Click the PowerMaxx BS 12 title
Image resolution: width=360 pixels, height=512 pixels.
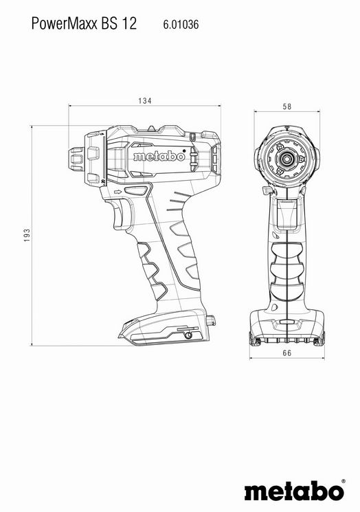pos(84,24)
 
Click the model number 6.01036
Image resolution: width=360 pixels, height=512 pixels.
pos(181,25)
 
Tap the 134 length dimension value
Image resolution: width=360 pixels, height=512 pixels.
pos(144,100)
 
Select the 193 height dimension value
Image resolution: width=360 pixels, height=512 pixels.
pos(27,235)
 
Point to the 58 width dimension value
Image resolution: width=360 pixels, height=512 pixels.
pos(287,107)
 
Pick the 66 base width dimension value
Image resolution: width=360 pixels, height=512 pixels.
pos(287,353)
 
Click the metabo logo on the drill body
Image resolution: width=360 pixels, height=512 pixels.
pos(159,156)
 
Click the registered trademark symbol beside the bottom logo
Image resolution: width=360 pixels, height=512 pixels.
pos(343,481)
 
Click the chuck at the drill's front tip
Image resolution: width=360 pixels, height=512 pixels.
pos(76,159)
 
